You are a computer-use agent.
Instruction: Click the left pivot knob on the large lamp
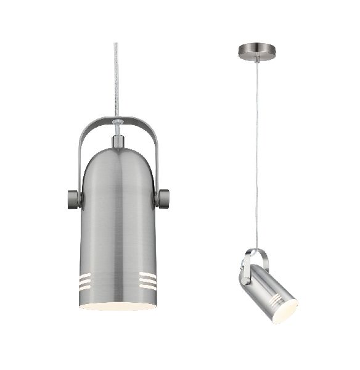(x=73, y=199)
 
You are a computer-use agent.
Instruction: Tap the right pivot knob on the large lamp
(x=163, y=199)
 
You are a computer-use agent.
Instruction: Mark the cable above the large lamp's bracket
(x=117, y=74)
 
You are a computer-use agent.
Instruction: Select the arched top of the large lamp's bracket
(x=117, y=117)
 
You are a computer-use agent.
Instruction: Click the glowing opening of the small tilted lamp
(x=285, y=312)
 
